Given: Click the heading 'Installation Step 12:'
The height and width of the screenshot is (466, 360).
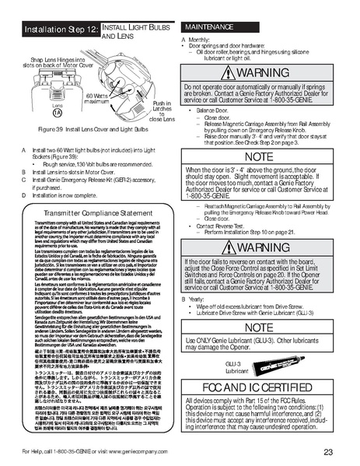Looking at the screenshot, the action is pyautogui.click(x=61, y=29).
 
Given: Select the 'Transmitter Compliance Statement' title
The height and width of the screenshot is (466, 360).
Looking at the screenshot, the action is pyautogui.click(x=93, y=211).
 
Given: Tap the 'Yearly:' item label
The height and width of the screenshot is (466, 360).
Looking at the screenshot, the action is pyautogui.click(x=197, y=299).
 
